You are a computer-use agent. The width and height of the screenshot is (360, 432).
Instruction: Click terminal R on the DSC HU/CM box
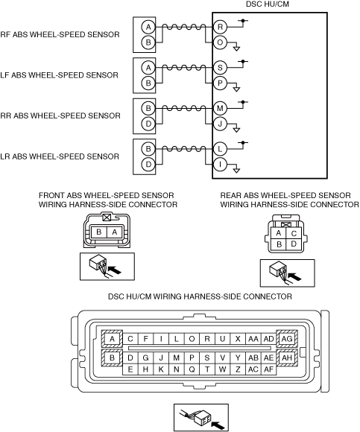coord(220,27)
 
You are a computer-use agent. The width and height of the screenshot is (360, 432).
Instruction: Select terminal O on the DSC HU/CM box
coord(220,42)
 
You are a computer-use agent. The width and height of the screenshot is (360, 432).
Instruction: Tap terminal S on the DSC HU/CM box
coord(220,68)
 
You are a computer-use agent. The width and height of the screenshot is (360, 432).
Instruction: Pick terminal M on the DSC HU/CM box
coord(220,108)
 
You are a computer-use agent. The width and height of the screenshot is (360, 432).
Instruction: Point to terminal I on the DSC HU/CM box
coord(220,165)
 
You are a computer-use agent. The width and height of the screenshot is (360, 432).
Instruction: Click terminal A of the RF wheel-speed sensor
coord(148,27)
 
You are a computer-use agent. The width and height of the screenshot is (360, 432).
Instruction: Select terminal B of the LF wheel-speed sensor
coord(148,83)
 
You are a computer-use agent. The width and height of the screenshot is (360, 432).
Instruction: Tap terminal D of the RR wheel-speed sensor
coord(148,124)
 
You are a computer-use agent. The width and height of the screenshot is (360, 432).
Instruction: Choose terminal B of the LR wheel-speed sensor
coord(148,149)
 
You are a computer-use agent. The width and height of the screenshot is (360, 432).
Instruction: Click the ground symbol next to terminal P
coord(236,89)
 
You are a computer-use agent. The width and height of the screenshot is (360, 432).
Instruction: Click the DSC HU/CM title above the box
coord(267,4)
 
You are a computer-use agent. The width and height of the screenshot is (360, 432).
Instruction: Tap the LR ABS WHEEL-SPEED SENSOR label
coord(60,156)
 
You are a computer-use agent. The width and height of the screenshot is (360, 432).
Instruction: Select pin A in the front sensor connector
coord(114,232)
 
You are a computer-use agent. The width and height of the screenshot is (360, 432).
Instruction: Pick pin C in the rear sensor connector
coord(294,233)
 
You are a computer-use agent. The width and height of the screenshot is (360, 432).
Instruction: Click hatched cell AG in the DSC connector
coord(287,338)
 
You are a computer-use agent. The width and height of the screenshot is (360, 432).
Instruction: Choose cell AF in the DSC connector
coord(268,369)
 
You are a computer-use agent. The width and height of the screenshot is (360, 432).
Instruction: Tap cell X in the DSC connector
coord(238,339)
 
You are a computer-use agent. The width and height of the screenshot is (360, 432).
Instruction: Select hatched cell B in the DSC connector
coord(112,358)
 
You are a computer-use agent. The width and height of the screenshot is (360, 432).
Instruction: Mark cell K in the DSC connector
coord(161,369)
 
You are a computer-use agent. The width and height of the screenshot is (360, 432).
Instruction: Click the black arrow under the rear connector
coord(295,276)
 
